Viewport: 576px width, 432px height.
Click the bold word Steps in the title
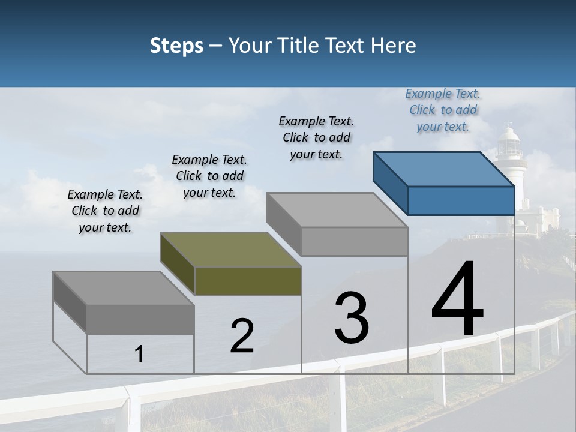point(176,46)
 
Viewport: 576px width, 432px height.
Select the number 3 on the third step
point(352,317)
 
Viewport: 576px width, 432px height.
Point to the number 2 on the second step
point(242,336)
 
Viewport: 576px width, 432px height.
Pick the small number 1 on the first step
point(139,355)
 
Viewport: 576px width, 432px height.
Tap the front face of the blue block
point(461,200)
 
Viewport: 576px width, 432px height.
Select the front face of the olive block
point(248,281)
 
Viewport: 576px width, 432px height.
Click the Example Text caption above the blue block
point(443,110)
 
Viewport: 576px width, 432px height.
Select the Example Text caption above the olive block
point(209,176)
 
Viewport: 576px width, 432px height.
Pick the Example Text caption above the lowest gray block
point(105,211)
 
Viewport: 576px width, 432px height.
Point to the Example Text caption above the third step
point(316,137)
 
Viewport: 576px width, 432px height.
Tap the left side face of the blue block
point(391,183)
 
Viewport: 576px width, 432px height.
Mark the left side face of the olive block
point(178,264)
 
